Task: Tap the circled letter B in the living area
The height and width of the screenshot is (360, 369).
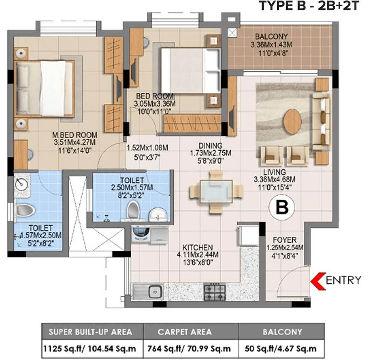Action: pos(282,207)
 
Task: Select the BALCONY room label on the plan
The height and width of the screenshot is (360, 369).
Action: pos(271,36)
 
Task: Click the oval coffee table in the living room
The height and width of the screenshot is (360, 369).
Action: pos(292,122)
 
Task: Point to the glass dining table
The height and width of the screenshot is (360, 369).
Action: pos(216,192)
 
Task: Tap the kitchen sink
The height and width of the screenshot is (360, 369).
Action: pos(149,292)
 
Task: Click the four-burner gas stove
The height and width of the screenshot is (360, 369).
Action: pos(215,292)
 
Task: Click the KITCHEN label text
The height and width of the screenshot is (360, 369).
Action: pos(198,247)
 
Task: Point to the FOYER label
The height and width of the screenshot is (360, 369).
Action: pos(285,240)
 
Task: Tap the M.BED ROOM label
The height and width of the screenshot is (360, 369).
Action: pos(74,135)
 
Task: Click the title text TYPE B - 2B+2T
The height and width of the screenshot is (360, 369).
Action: pos(309,6)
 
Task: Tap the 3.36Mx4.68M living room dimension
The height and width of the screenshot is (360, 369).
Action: pos(275,179)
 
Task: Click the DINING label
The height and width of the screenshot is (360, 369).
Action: pos(210,145)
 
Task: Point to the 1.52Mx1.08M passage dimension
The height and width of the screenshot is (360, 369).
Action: pos(147,148)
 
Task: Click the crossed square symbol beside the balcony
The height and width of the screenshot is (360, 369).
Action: pos(232,33)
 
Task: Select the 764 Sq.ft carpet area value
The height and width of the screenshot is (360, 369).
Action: pos(189,349)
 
